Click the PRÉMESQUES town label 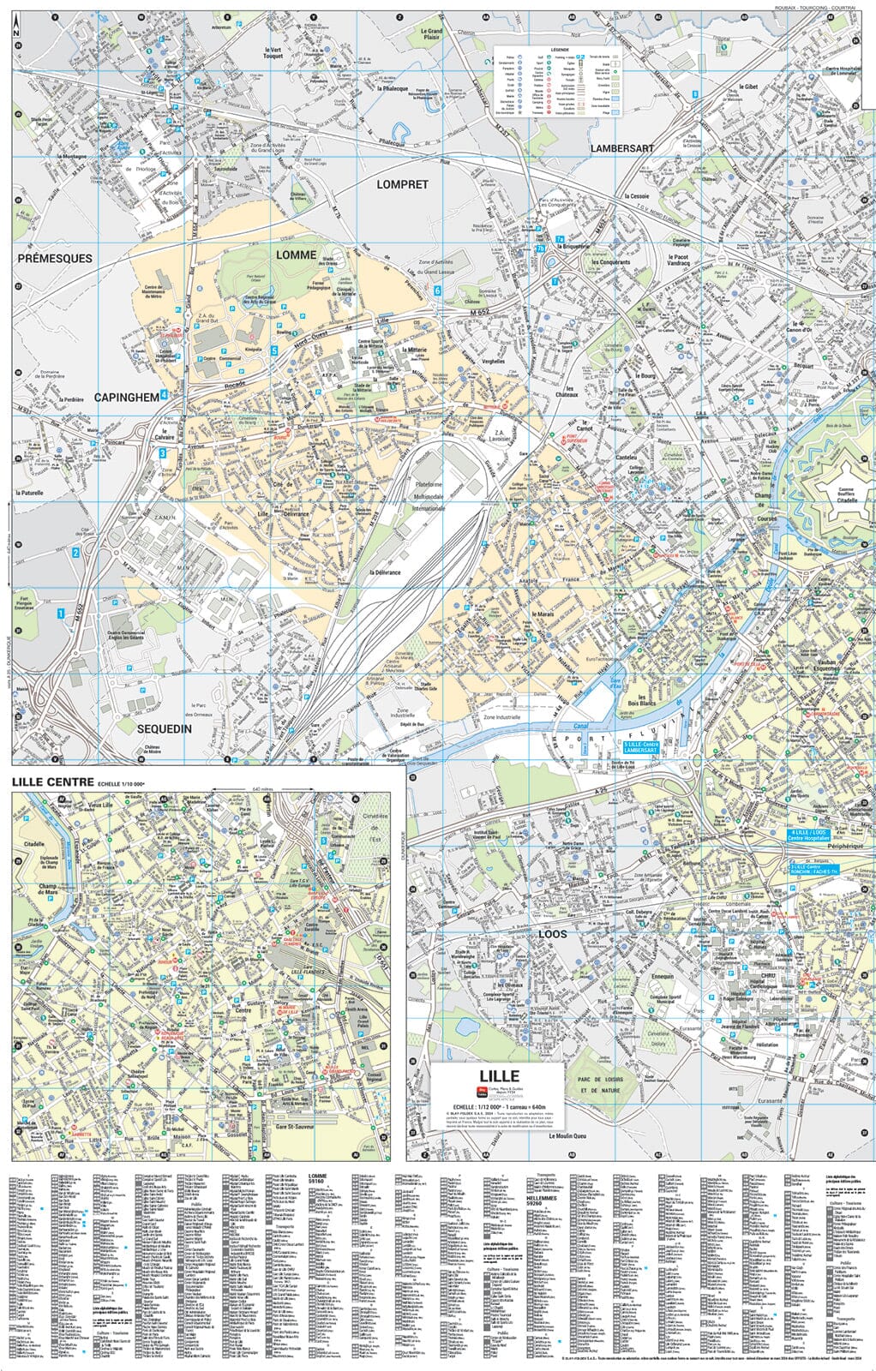click(55, 258)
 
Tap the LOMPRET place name click(402, 184)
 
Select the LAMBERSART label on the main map click(621, 148)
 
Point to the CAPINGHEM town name click(127, 397)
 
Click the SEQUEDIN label click(164, 729)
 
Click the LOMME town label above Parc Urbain click(296, 255)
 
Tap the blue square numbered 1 click(61, 614)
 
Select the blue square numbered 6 click(437, 291)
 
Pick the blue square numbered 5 click(274, 350)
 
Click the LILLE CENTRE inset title click(52, 782)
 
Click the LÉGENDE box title click(560, 51)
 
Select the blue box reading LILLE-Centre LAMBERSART click(640, 746)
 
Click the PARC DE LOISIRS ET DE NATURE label click(597, 1084)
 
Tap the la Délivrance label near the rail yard click(385, 572)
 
